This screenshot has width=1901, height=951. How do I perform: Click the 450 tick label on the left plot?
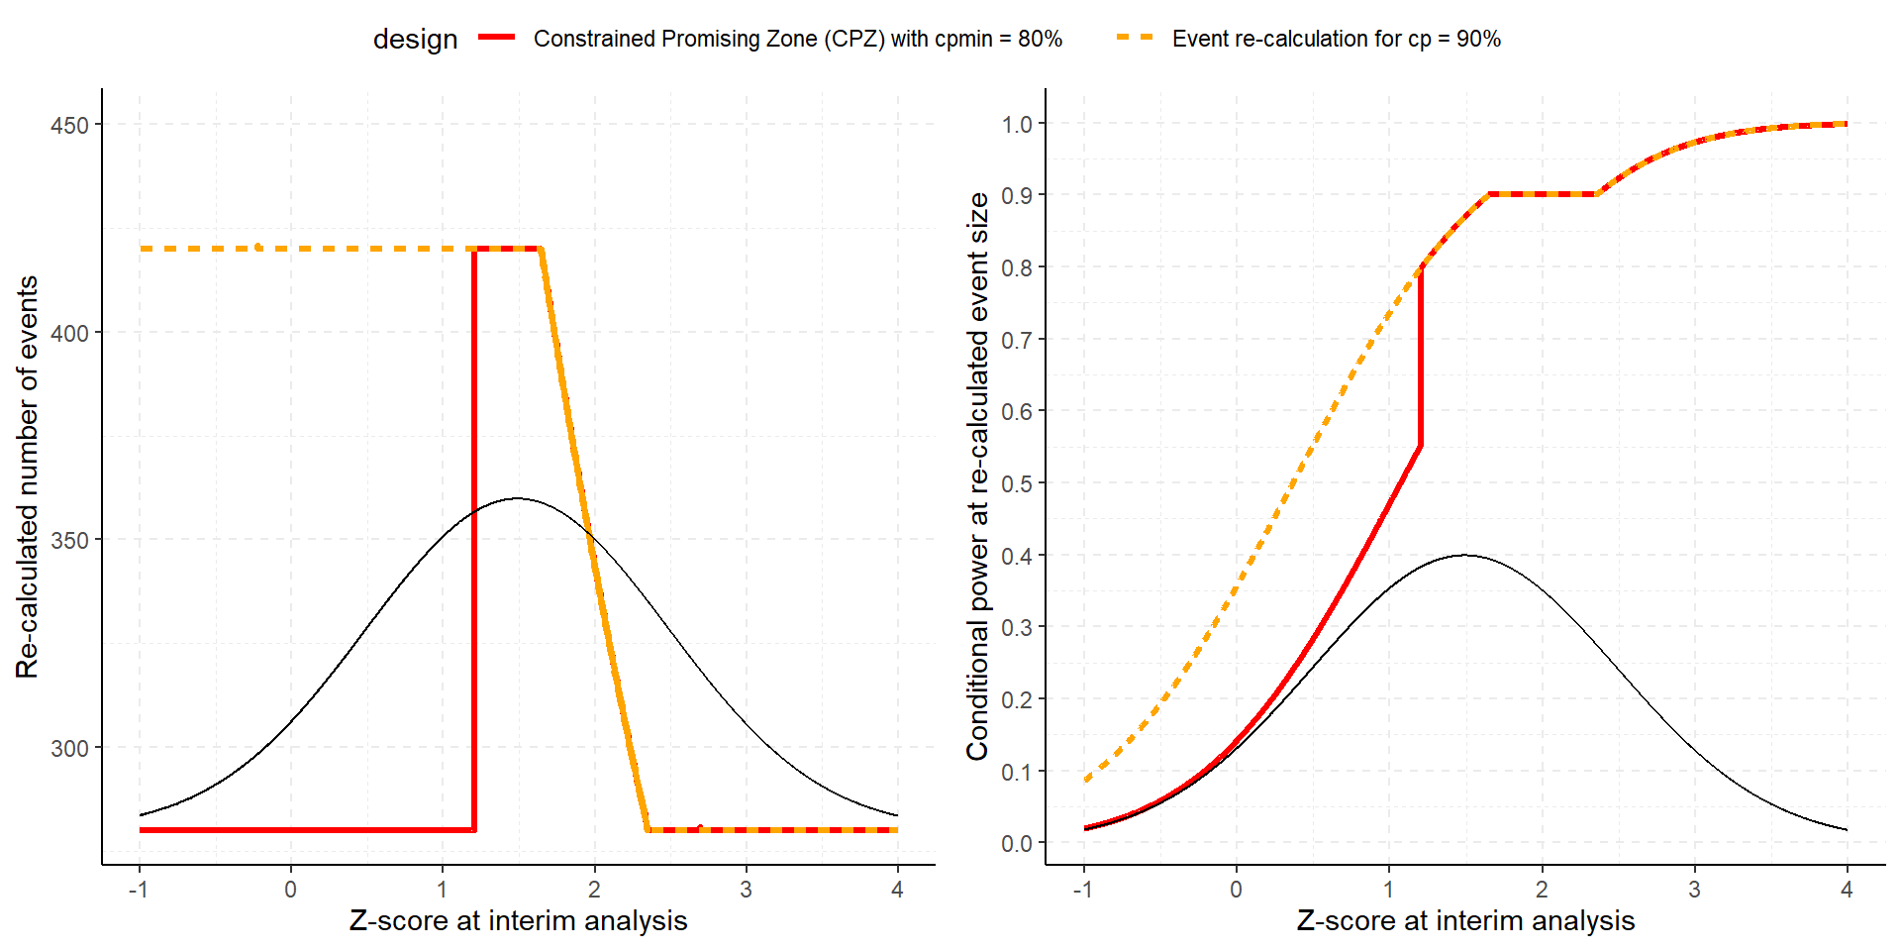pyautogui.click(x=69, y=126)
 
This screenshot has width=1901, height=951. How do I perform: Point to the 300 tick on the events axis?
pyautogui.click(x=69, y=748)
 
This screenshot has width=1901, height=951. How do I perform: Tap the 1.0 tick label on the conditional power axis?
pyautogui.click(x=1017, y=124)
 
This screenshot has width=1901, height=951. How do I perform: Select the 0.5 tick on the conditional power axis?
pyautogui.click(x=1017, y=483)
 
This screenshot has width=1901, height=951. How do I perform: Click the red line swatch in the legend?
pyautogui.click(x=497, y=38)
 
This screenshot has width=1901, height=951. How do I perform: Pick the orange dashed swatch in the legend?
pyautogui.click(x=1135, y=38)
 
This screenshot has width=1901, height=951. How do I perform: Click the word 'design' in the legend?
pyautogui.click(x=415, y=39)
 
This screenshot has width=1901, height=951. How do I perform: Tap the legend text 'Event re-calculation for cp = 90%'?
pyautogui.click(x=1336, y=39)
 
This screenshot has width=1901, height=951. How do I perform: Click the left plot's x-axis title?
pyautogui.click(x=518, y=920)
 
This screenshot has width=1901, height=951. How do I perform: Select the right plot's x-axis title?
pyautogui.click(x=1465, y=920)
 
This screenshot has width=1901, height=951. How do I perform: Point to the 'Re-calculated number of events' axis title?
pyautogui.click(x=27, y=476)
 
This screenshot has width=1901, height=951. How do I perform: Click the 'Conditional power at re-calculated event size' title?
pyautogui.click(x=977, y=476)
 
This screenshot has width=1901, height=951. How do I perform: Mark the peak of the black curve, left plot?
pyautogui.click(x=516, y=498)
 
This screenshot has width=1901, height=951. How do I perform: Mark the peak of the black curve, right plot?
pyautogui.click(x=1465, y=555)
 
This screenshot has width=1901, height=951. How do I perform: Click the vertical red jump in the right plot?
pyautogui.click(x=1420, y=357)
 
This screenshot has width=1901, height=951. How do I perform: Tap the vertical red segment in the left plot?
pyautogui.click(x=474, y=540)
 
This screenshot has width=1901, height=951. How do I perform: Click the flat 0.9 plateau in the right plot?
pyautogui.click(x=1543, y=194)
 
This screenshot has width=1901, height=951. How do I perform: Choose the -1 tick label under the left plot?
pyautogui.click(x=139, y=890)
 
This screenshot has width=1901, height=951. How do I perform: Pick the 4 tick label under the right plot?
pyautogui.click(x=1847, y=890)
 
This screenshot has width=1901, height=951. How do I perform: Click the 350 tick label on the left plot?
pyautogui.click(x=69, y=541)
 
